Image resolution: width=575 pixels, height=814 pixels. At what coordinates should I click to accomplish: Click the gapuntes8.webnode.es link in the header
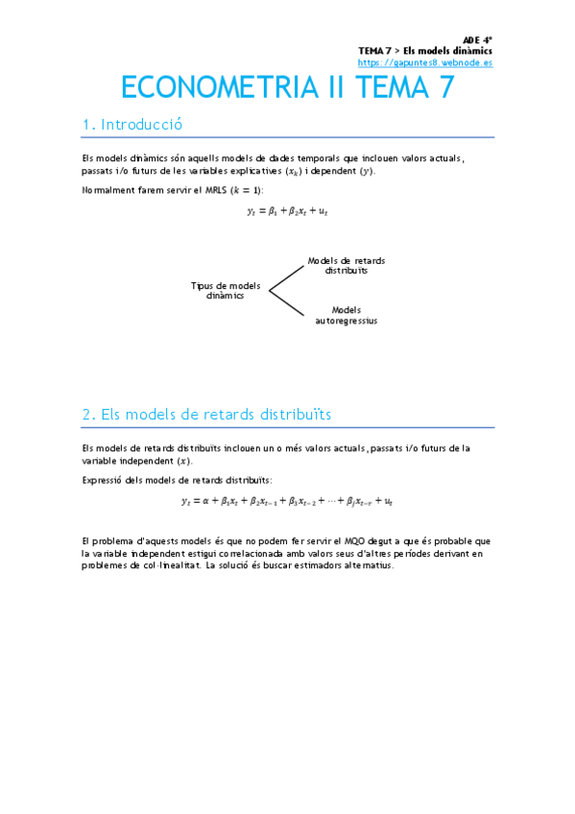coord(425,62)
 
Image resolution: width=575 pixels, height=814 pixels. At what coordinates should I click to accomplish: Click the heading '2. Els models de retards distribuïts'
coord(206,414)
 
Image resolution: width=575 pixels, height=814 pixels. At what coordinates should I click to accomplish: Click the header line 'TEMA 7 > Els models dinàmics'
coord(425,50)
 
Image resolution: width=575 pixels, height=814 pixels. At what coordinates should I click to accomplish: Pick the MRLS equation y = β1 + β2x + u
coord(288,211)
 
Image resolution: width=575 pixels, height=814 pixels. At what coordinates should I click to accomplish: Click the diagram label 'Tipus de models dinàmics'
coord(226,291)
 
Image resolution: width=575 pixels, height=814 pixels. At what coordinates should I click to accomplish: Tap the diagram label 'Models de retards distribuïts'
coord(346,266)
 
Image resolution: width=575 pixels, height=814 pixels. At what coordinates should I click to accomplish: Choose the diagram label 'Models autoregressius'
coord(346,315)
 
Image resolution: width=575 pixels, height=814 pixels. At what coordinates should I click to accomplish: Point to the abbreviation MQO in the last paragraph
coord(354,541)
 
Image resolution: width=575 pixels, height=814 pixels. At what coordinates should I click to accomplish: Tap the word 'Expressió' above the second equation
coord(103,479)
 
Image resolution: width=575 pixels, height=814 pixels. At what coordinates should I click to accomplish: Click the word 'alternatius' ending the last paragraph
coord(368,565)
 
